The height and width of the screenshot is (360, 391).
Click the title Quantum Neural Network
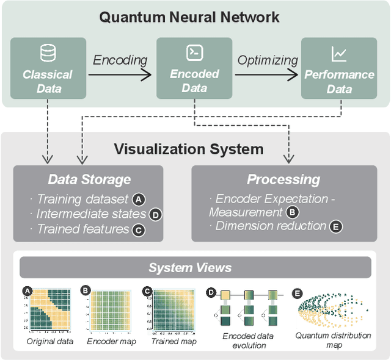[x=189, y=16]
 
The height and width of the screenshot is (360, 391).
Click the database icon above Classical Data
[x=48, y=54]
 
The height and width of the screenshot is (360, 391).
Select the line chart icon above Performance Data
[x=339, y=54]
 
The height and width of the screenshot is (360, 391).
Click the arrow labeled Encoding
[x=120, y=74]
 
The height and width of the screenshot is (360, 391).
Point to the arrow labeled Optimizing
[x=267, y=74]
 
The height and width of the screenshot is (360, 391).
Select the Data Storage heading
[x=89, y=179]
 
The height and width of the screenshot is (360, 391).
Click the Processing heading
[x=283, y=179]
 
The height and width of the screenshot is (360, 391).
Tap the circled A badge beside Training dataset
[x=139, y=199]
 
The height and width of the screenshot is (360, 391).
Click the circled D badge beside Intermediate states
[x=155, y=214]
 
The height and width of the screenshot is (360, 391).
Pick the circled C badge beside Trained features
[x=139, y=229]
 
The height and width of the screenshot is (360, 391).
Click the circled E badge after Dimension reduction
[x=335, y=226]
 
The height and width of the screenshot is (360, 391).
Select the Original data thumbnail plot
[x=49, y=310]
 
